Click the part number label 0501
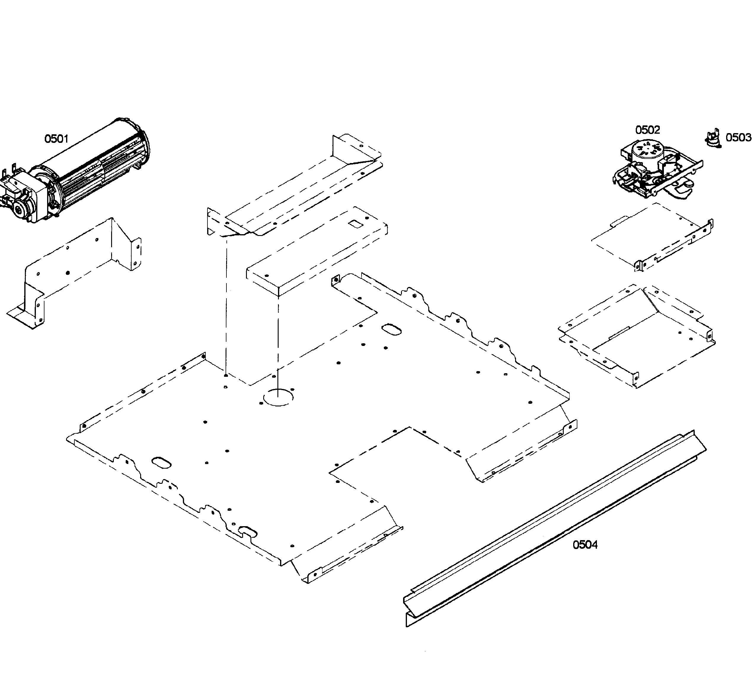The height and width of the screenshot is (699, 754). tap(56, 139)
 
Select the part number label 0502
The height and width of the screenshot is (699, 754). tap(647, 130)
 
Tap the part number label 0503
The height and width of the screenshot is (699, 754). tap(738, 137)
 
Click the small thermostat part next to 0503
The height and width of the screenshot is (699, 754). tap(713, 138)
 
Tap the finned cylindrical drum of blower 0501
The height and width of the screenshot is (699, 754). tap(98, 170)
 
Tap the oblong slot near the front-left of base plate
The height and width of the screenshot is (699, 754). tap(161, 462)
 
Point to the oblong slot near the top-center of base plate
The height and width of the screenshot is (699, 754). tap(391, 329)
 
